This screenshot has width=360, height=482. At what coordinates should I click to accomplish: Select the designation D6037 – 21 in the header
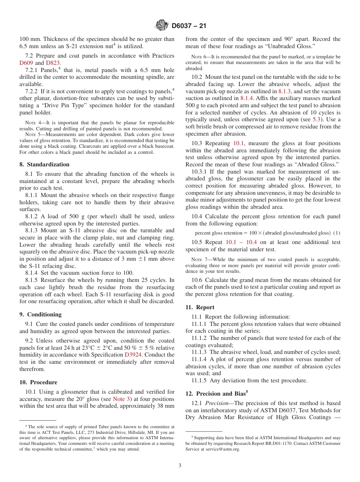[189, 26]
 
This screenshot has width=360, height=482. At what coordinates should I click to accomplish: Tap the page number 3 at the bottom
[180, 466]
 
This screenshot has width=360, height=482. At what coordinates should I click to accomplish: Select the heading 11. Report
[200, 307]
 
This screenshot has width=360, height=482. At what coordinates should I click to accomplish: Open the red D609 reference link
[26, 63]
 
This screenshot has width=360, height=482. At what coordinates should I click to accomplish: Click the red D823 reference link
[53, 63]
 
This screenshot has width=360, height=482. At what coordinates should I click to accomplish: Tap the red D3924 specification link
[134, 355]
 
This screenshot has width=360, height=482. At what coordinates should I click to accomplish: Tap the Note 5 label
[32, 135]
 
